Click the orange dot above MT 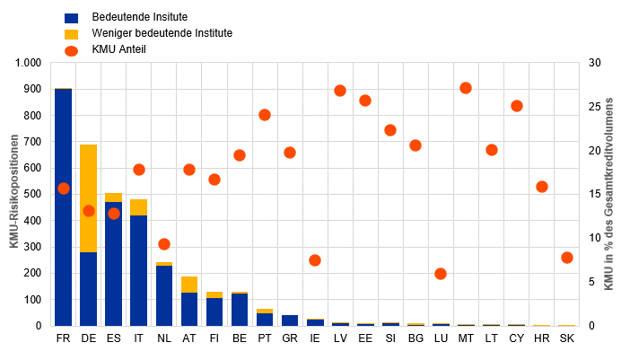tap(466, 88)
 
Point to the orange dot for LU tap(441, 274)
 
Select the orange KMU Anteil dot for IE tap(315, 260)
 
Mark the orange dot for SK tap(567, 258)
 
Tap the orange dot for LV tap(340, 91)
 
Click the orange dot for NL tap(163, 244)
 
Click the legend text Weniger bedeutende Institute tap(162, 33)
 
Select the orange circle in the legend tap(72, 49)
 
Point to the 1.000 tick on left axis tap(28, 64)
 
